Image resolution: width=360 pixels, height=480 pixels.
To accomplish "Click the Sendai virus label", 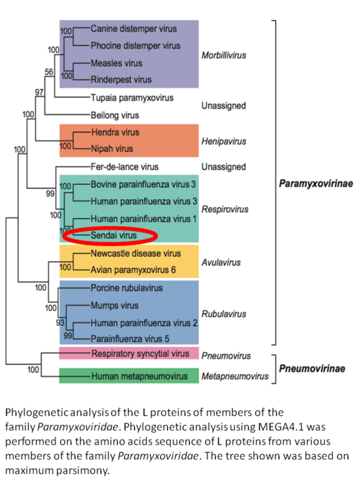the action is (114, 235).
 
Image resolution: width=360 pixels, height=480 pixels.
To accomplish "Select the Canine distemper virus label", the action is (134, 29).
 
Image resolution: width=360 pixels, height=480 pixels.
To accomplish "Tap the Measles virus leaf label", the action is (117, 63).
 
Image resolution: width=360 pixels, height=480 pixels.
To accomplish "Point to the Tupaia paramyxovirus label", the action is (132, 98).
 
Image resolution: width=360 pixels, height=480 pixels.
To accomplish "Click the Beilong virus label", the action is (115, 115).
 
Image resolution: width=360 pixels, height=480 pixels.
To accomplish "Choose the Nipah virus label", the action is (112, 149).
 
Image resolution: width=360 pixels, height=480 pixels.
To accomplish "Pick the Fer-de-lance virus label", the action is (125, 167).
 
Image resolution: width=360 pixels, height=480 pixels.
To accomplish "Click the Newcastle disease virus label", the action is (136, 253).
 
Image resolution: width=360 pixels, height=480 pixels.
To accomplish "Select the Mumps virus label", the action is (114, 306).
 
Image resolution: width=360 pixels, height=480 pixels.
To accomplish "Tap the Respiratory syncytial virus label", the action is (140, 353).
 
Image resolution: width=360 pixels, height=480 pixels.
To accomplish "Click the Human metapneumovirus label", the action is (140, 376).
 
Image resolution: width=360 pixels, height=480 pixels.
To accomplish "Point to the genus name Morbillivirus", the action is (224, 55).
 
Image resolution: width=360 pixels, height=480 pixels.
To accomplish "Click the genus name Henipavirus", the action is (224, 142).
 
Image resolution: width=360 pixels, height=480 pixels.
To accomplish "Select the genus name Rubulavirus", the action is (224, 314).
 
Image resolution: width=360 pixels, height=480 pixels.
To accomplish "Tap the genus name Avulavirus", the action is (221, 263).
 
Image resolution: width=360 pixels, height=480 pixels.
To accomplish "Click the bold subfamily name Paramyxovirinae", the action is (316, 184).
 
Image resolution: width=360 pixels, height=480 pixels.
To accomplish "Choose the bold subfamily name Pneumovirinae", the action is (312, 368).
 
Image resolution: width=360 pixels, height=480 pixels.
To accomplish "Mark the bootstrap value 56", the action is (49, 72).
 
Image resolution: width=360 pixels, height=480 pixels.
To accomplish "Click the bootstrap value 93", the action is (60, 322).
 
